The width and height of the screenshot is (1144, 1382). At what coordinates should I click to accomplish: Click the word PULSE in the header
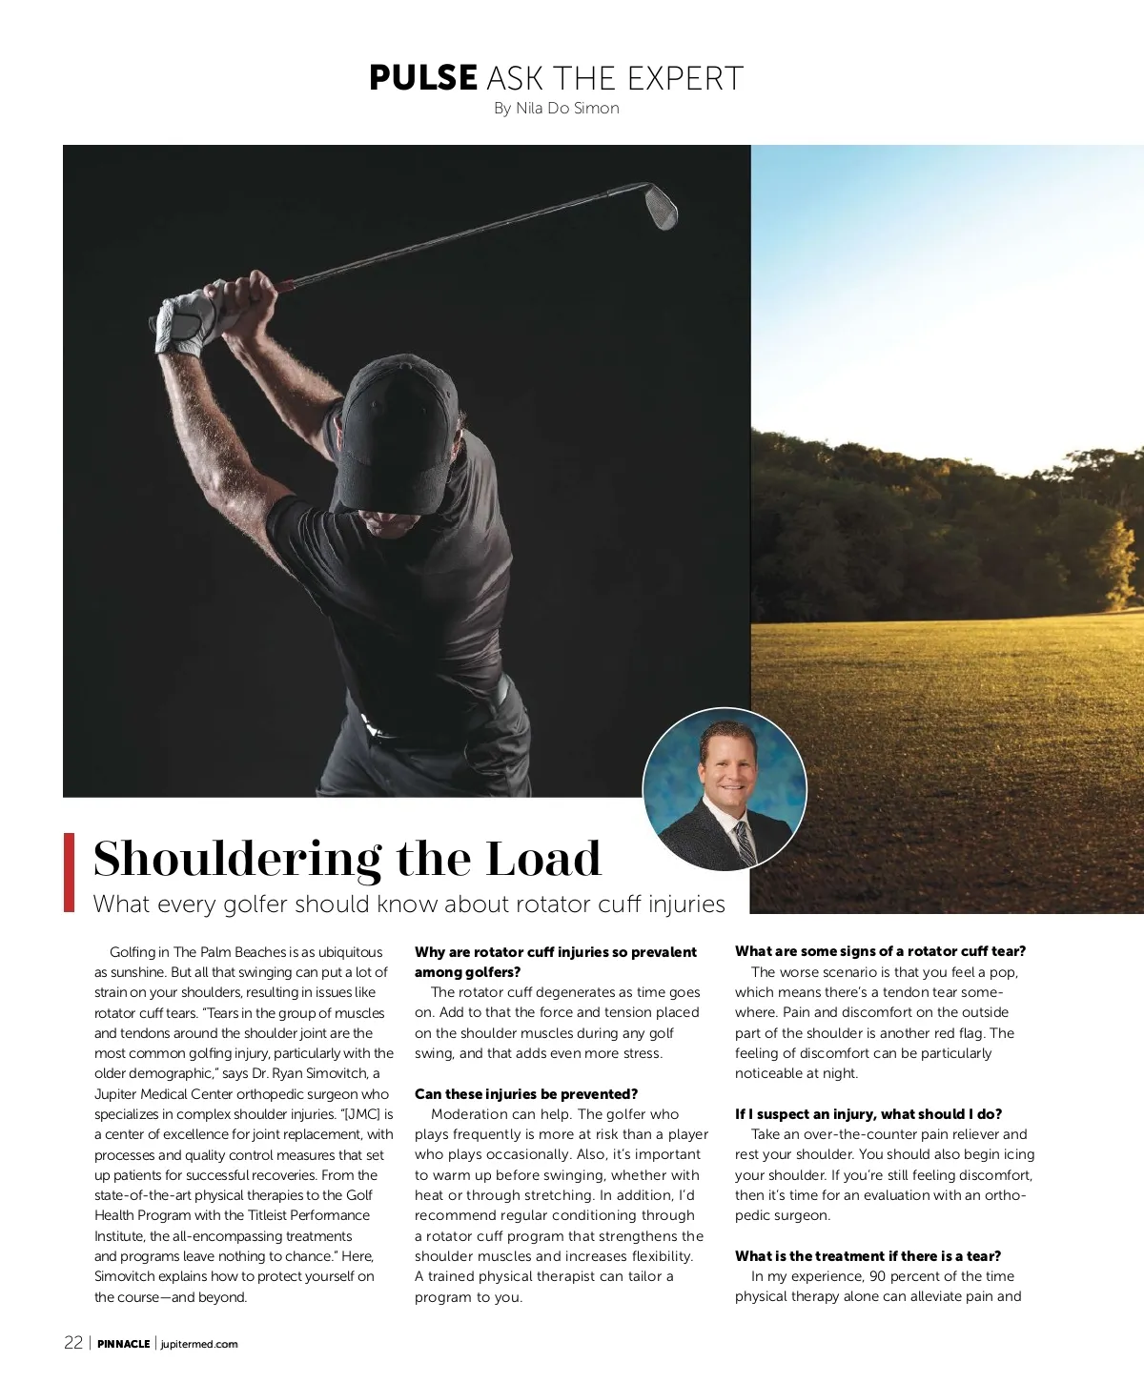(422, 78)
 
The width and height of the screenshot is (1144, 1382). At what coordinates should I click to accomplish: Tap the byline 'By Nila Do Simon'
(556, 109)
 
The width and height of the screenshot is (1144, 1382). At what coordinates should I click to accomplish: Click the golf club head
(661, 206)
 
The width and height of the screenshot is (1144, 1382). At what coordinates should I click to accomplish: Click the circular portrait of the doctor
(725, 789)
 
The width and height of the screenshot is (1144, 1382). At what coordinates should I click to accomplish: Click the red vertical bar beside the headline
(69, 871)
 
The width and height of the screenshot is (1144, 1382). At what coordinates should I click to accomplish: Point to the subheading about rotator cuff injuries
(409, 904)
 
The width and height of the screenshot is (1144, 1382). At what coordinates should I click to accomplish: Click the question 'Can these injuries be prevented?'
(525, 1094)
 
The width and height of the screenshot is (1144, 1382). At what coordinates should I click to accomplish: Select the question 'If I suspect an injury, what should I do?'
(868, 1114)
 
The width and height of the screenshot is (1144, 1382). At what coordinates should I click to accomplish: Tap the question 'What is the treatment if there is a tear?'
(868, 1256)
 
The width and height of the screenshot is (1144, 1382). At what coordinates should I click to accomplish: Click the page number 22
(73, 1343)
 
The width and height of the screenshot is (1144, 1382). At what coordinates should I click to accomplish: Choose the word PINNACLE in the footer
(124, 1344)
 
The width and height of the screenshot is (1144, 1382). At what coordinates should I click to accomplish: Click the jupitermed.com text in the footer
(199, 1344)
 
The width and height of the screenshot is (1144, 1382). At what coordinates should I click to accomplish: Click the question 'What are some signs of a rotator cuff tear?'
(880, 951)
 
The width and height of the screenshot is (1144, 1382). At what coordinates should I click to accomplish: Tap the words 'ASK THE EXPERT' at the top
(614, 78)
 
